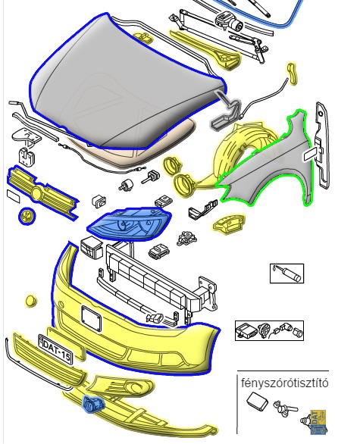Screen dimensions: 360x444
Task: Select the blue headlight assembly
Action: click(130, 224)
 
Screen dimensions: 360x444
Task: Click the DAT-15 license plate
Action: click(55, 349)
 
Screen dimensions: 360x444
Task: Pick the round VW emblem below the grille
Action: click(27, 216)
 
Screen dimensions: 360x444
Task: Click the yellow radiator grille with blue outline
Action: click(42, 193)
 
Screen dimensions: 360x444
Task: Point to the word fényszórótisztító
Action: click(285, 383)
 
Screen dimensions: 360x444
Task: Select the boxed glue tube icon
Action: click(286, 274)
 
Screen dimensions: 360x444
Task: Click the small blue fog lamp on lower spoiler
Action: click(92, 404)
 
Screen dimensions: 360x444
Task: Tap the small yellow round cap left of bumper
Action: click(30, 302)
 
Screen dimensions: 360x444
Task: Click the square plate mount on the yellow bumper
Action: click(91, 318)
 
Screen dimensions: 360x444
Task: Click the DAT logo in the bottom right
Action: click(318, 422)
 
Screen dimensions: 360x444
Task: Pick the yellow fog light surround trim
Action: click(122, 387)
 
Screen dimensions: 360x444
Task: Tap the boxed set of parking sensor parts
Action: click(269, 330)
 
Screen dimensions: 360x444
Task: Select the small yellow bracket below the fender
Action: click(229, 224)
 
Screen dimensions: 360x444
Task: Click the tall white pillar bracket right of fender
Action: click(322, 145)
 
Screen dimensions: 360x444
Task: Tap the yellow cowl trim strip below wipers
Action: click(207, 49)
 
